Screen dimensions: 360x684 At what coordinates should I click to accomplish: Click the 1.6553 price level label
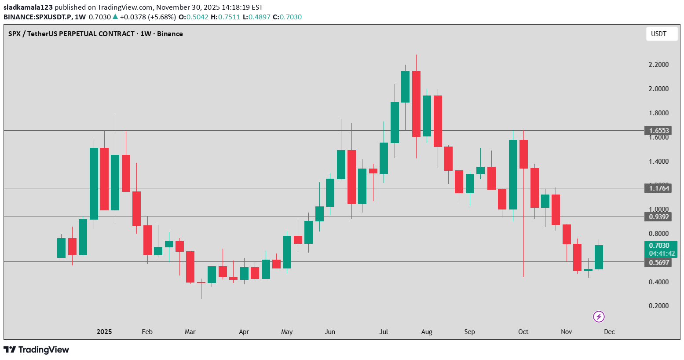[659, 130]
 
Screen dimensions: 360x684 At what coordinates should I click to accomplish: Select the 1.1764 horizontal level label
[659, 188]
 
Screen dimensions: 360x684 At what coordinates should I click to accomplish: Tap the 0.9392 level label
[659, 217]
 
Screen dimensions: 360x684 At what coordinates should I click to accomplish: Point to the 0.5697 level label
[659, 263]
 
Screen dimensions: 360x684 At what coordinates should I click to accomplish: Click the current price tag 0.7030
[659, 246]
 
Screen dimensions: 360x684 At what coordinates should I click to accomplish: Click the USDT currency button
[661, 34]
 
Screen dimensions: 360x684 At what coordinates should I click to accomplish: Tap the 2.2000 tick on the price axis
[658, 65]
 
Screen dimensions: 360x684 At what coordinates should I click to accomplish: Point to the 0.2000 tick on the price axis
[658, 306]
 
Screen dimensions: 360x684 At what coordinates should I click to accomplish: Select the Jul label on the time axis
[384, 332]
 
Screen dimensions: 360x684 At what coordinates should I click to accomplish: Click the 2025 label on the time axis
[104, 332]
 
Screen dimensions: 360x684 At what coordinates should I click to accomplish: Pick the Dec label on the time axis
[609, 332]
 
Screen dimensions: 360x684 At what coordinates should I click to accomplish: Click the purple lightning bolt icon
[599, 316]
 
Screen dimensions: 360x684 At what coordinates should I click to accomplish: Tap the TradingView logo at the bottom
[37, 350]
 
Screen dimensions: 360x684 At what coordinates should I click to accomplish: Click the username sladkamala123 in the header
[28, 7]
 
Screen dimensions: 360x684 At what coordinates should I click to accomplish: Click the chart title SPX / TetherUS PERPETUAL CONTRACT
[72, 34]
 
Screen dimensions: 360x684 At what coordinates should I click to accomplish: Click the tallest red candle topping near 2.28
[416, 103]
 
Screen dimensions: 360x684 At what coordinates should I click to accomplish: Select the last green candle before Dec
[599, 257]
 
